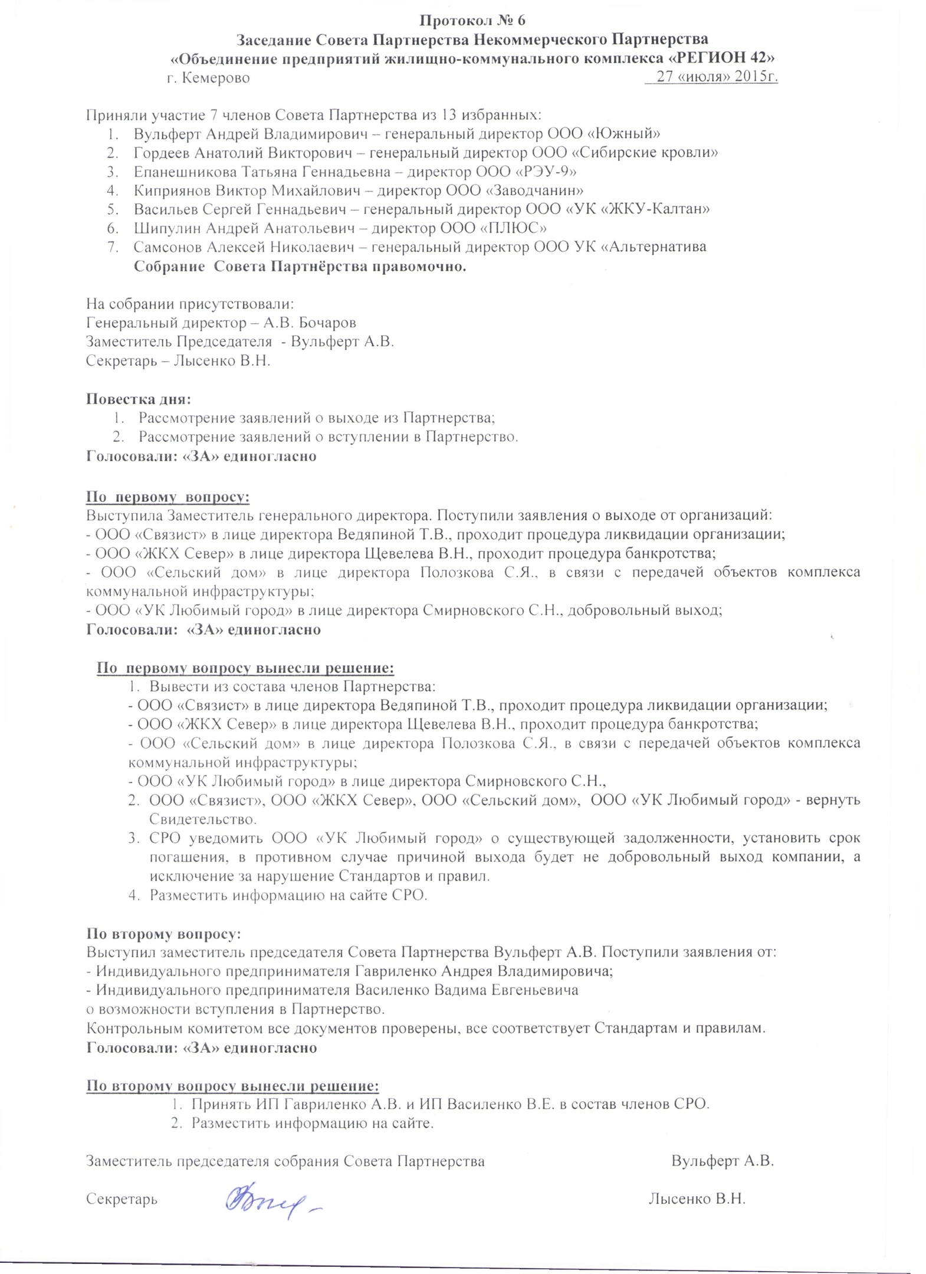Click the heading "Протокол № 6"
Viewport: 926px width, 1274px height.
pos(472,21)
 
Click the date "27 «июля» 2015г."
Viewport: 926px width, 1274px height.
pos(717,77)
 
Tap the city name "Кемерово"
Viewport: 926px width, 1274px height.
pos(216,78)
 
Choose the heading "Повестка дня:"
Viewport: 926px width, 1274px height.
pos(139,399)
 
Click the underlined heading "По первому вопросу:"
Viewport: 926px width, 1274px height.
pos(168,497)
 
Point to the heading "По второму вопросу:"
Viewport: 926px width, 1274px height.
pos(163,934)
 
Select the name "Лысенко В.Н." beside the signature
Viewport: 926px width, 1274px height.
pos(697,1198)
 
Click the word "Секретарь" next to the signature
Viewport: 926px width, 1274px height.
pos(122,1199)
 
